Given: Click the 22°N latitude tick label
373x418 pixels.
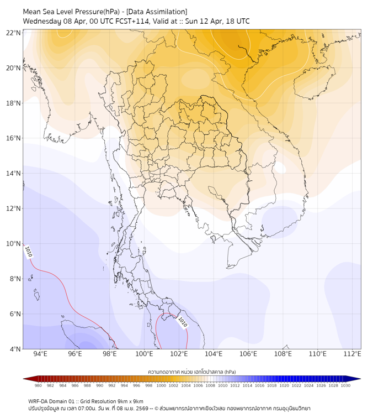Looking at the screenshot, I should tap(14, 33).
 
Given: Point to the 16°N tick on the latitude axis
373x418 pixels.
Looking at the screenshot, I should tap(14, 138).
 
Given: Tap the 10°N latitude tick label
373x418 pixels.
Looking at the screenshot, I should tap(14, 244).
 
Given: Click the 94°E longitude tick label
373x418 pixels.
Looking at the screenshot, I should tap(40, 354).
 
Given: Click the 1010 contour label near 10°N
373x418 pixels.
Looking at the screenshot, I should tap(28, 252).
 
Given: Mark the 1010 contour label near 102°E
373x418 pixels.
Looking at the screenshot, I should tap(182, 321).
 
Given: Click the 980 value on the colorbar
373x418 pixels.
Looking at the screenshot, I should tap(38, 385).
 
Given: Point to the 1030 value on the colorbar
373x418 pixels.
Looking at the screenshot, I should tap(345, 385).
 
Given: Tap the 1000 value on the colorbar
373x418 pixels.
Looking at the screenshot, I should tap(161, 385).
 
